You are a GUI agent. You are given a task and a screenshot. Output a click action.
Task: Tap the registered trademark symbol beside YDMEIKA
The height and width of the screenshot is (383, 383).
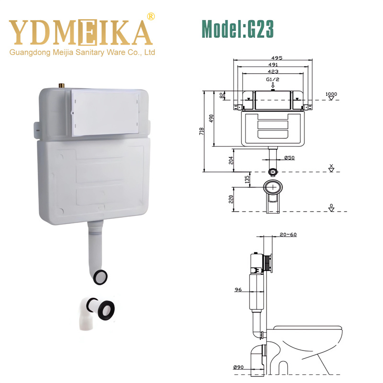point(151,16)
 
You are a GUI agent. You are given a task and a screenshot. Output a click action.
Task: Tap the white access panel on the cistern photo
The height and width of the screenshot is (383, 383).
point(105,112)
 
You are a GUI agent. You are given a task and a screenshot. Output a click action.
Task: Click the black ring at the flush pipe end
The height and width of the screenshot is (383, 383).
point(101,276)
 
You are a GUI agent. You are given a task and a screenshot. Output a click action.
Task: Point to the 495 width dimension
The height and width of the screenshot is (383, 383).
point(277,58)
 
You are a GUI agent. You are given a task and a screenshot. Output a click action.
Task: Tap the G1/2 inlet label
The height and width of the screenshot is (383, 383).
point(272,79)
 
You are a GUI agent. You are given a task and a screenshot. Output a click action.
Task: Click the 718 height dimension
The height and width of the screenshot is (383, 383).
point(203,130)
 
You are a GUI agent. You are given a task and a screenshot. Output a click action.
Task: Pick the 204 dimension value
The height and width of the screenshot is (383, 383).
point(231,159)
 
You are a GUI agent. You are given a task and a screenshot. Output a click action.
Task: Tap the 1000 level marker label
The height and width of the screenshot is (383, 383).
point(331,94)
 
